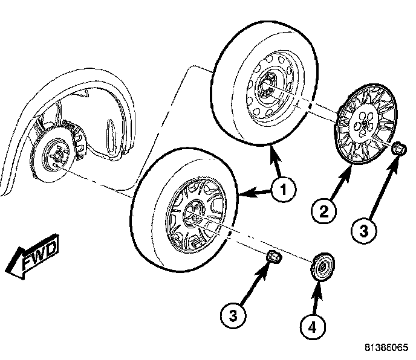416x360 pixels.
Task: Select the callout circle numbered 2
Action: coord(323,211)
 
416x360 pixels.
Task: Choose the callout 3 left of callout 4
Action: coord(233,316)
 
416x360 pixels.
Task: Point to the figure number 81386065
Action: coord(385,349)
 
